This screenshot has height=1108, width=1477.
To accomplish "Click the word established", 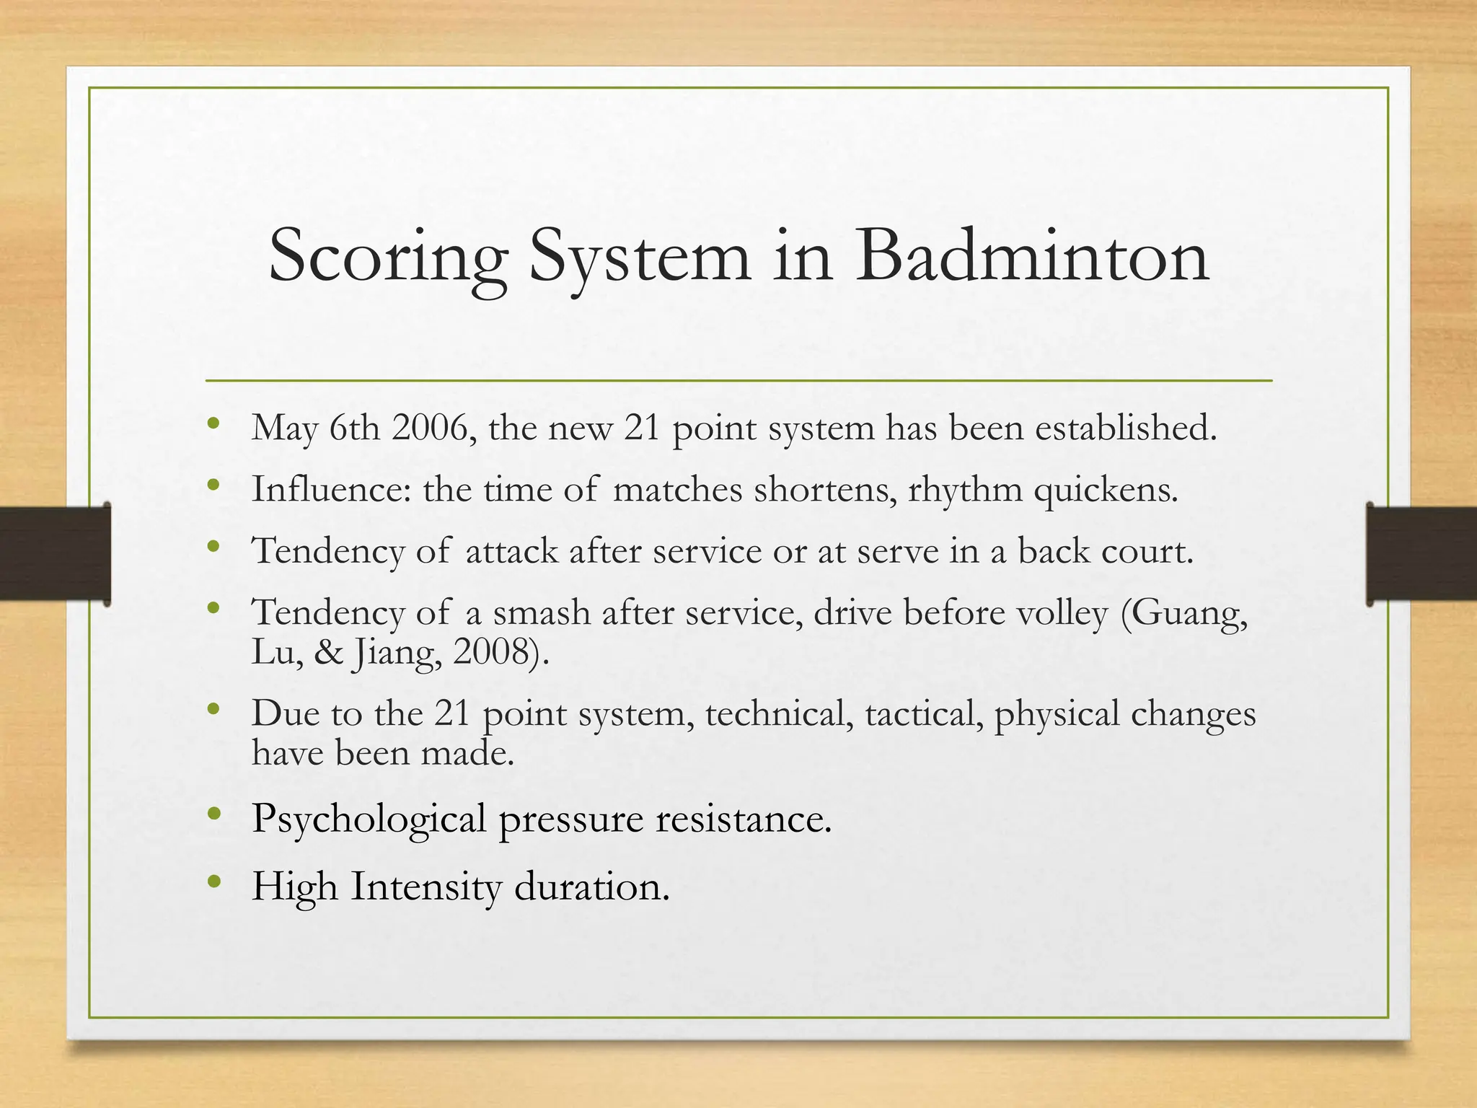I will (x=1126, y=428).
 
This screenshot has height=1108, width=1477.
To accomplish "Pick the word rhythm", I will (x=965, y=491).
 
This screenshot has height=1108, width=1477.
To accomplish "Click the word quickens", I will (x=1105, y=491).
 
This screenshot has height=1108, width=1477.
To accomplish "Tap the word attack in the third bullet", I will (x=511, y=551).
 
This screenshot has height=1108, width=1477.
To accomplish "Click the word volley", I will (x=1062, y=614).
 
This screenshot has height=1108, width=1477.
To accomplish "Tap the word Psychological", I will (x=369, y=819).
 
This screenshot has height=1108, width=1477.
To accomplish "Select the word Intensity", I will (x=426, y=887).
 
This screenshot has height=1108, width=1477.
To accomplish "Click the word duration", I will (x=591, y=887).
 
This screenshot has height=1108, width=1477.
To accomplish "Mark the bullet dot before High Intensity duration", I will (x=213, y=881).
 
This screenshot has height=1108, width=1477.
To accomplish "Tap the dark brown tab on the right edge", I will (x=1421, y=554).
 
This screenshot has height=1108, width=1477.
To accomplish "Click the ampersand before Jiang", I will (x=328, y=652).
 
